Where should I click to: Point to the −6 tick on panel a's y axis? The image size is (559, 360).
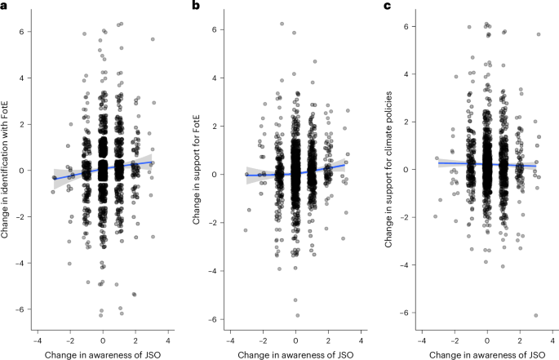pyautogui.click(x=21, y=309)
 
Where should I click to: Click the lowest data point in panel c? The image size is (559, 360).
pyautogui.click(x=536, y=315)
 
